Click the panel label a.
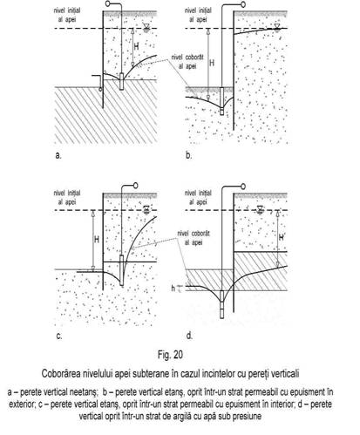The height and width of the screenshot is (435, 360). [x=58, y=155]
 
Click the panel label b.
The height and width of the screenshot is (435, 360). [x=189, y=155]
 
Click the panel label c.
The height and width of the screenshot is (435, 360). [x=59, y=336]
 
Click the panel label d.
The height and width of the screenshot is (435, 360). [x=189, y=336]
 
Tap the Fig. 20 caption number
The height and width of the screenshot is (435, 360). [x=170, y=355]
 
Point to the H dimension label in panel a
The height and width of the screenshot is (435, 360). [x=136, y=46]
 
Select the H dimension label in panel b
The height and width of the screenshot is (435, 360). [x=212, y=63]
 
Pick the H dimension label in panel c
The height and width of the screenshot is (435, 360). [x=97, y=240]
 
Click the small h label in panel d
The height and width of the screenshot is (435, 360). [x=173, y=289]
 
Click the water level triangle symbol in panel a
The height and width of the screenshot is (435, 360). [x=146, y=27]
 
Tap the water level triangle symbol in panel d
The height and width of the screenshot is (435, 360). [x=260, y=209]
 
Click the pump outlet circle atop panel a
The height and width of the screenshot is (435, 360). [x=108, y=3]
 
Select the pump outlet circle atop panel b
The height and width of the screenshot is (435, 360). [x=243, y=4]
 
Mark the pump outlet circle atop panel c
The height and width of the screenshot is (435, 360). [x=135, y=186]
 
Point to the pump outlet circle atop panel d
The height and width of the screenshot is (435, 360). [x=243, y=187]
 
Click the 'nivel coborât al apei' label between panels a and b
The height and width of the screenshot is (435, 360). [x=187, y=62]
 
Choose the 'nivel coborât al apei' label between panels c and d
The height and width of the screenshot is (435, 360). [x=194, y=238]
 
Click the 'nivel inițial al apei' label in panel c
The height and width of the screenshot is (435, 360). [x=67, y=197]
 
